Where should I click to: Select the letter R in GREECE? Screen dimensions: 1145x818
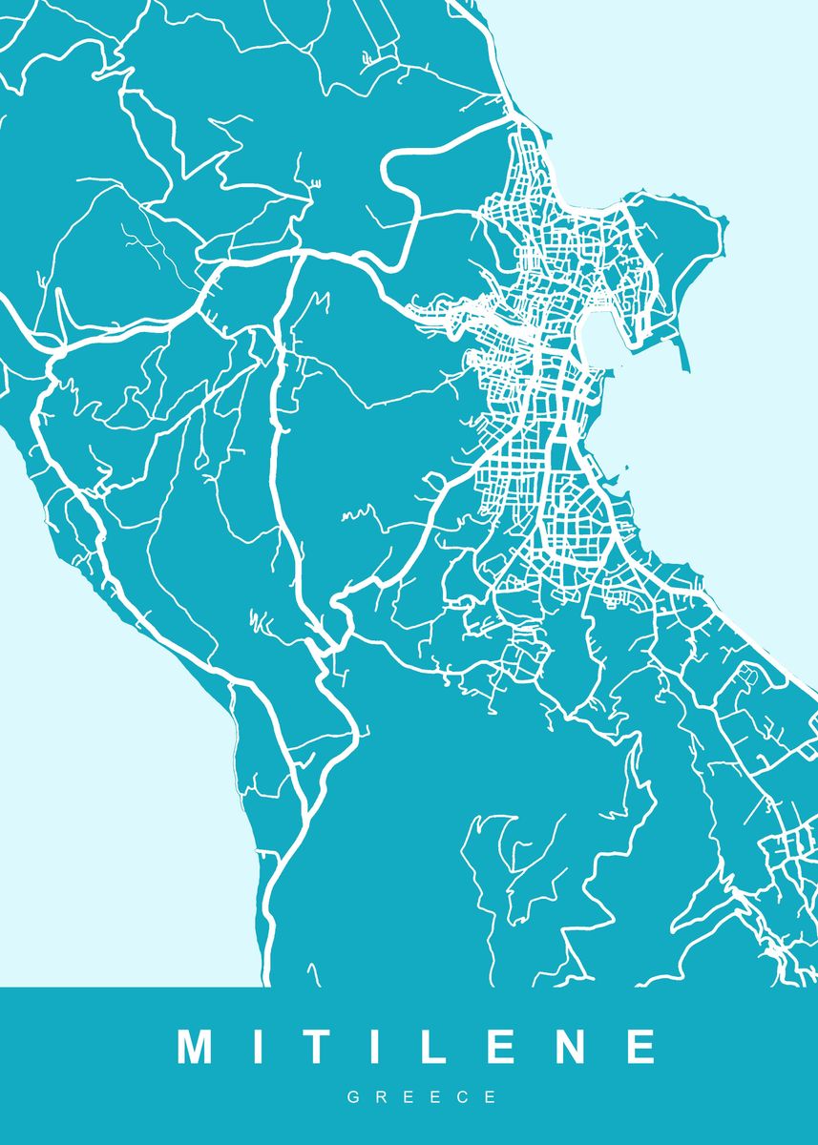pos(381,1098)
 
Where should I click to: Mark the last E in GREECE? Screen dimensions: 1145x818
pos(492,1098)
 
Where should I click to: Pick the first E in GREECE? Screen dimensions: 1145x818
pos(409,1098)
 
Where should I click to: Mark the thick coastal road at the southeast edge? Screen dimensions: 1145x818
pos(764,649)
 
